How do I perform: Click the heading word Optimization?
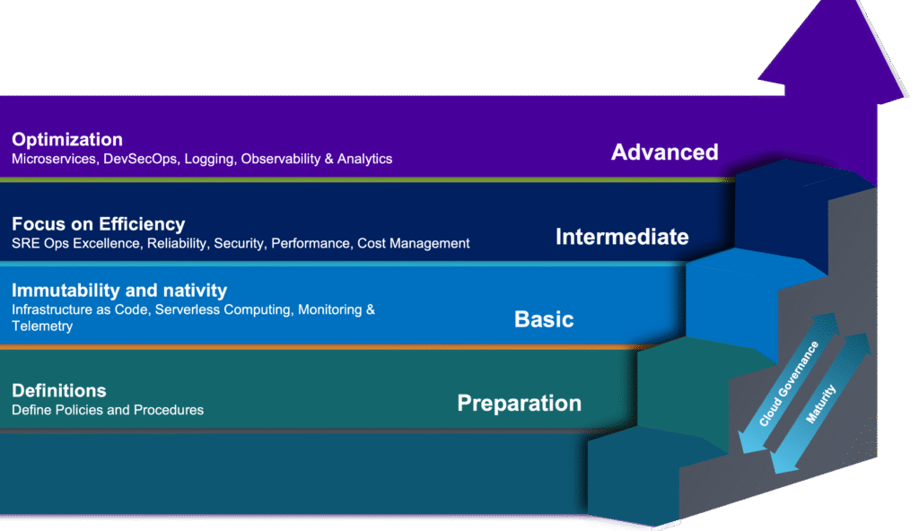67,140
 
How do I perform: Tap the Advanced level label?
664,152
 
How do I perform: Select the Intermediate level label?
622,237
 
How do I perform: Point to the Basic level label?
543,319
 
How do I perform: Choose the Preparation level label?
519,403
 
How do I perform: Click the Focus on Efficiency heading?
98,224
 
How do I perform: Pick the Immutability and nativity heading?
119,291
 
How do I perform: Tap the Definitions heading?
59,391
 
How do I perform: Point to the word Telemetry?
42,326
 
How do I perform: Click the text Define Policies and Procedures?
108,411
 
